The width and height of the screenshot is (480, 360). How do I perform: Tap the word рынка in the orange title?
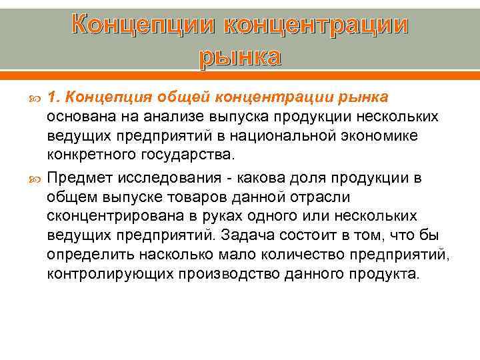click(x=239, y=57)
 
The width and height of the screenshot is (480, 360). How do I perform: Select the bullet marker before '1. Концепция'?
click(x=35, y=99)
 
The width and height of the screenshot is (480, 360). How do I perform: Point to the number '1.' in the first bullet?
click(x=54, y=97)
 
